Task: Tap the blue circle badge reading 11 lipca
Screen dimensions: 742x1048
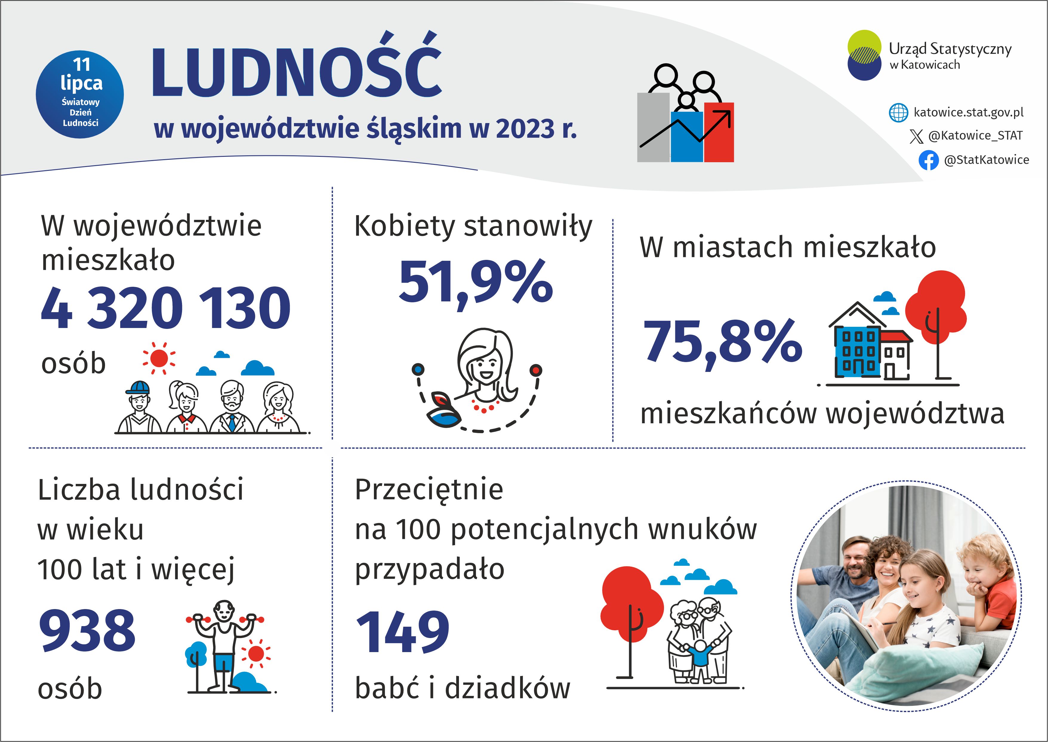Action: point(80,94)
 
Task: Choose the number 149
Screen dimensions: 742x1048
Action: point(403,632)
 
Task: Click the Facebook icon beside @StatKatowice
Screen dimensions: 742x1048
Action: point(928,160)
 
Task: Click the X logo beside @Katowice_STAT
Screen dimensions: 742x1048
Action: point(916,136)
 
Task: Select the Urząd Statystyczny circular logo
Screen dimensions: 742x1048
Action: point(864,55)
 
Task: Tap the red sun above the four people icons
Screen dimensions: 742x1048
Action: point(158,358)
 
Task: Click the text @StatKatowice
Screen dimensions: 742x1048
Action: point(986,160)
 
